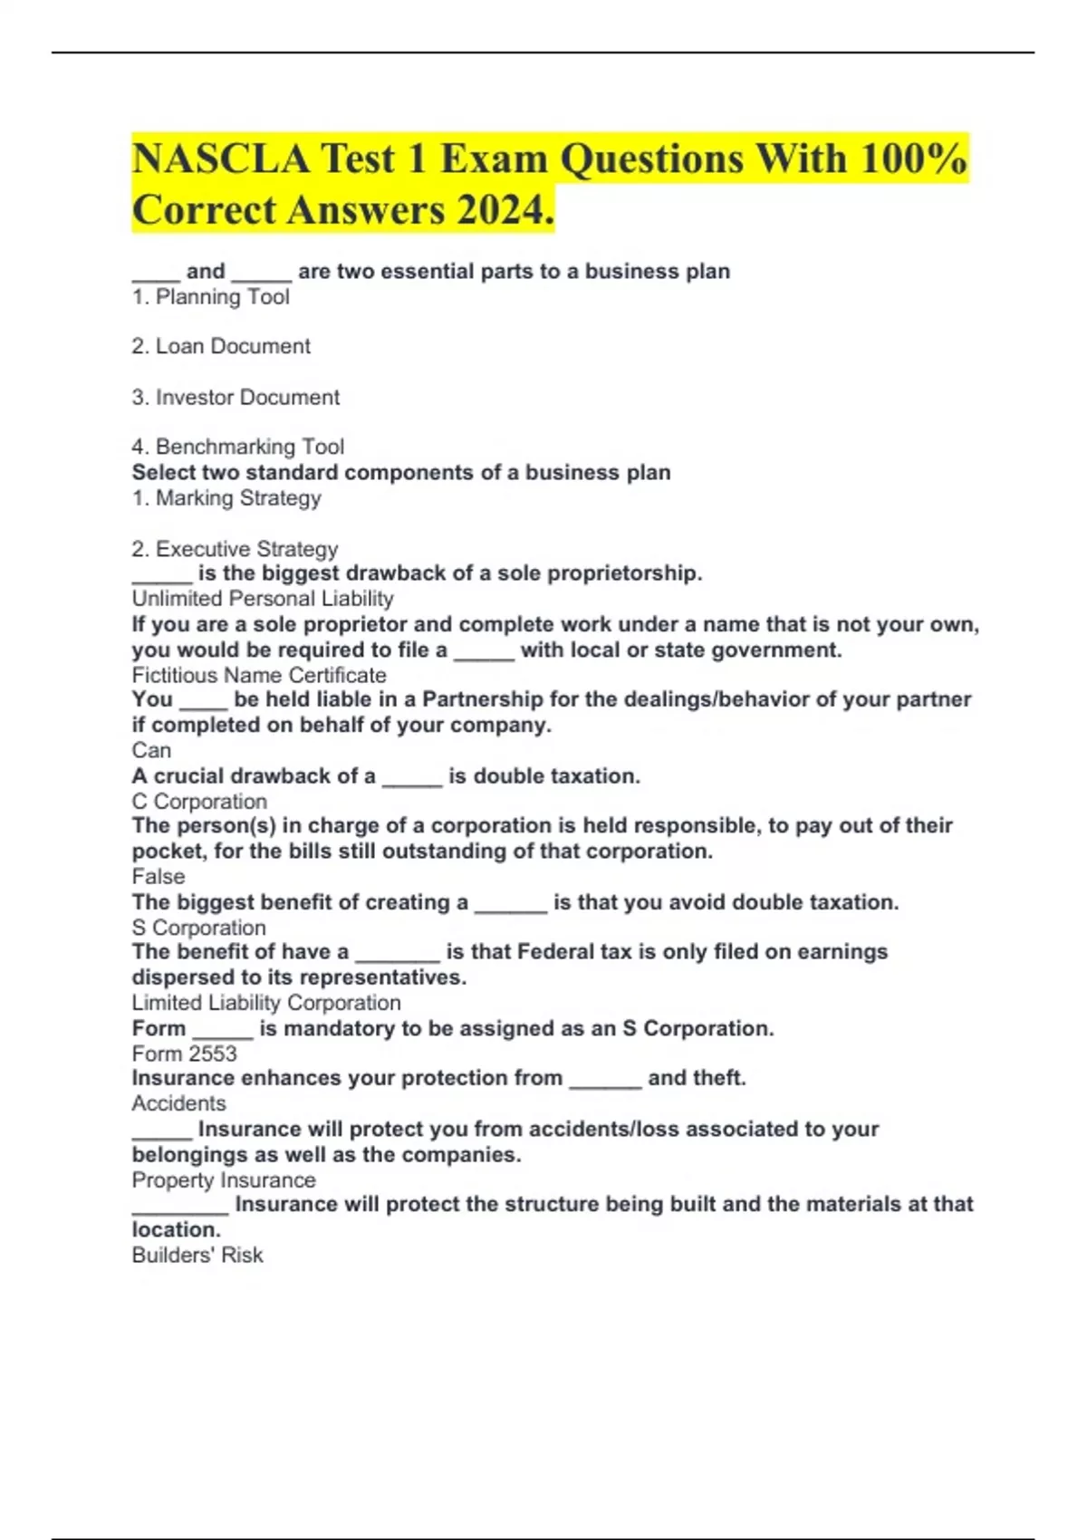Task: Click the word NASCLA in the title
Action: [220, 159]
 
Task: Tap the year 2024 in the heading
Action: [504, 210]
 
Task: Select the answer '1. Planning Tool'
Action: [210, 297]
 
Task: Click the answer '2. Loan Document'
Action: [220, 346]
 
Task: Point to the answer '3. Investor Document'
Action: [236, 397]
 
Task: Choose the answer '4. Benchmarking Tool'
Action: [237, 447]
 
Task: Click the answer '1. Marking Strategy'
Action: [226, 498]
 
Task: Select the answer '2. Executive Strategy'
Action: [235, 549]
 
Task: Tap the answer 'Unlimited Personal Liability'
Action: [263, 599]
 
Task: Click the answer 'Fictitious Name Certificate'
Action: [259, 675]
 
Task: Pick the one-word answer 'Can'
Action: [151, 750]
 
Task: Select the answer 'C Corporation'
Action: [199, 802]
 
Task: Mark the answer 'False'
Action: [159, 877]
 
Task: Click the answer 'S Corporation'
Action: [199, 928]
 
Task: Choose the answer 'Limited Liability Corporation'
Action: [266, 1003]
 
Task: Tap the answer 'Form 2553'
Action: [184, 1054]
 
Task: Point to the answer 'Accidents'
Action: [178, 1103]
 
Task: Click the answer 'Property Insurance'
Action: [224, 1180]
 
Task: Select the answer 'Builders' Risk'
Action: [197, 1255]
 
